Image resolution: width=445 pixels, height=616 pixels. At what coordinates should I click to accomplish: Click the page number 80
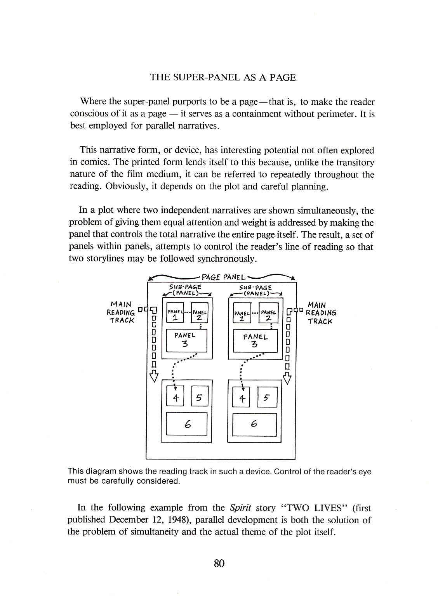[x=219, y=563]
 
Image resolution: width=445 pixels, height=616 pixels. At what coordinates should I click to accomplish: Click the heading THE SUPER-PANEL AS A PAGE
[x=223, y=77]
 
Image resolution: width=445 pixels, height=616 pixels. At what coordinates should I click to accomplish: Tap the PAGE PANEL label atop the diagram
[x=223, y=277]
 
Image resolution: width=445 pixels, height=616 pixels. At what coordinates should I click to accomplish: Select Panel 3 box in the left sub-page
[x=186, y=340]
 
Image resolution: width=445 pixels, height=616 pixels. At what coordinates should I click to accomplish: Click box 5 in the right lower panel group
[x=267, y=397]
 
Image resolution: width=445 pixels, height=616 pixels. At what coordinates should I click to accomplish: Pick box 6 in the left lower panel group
[x=187, y=424]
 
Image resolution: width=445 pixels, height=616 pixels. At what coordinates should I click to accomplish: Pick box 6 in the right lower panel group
[x=254, y=424]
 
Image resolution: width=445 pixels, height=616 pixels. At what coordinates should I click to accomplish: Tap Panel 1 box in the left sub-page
[x=175, y=314]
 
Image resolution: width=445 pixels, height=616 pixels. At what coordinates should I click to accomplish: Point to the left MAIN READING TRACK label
[x=121, y=312]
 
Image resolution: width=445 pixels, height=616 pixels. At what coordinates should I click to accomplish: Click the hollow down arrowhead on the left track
[x=154, y=376]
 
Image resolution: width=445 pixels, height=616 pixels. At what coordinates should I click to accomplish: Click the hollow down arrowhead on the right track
[x=287, y=378]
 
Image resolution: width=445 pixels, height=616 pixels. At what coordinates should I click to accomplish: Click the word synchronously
[x=226, y=259]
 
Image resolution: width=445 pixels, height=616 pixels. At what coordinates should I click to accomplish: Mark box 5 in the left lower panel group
[x=199, y=397]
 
